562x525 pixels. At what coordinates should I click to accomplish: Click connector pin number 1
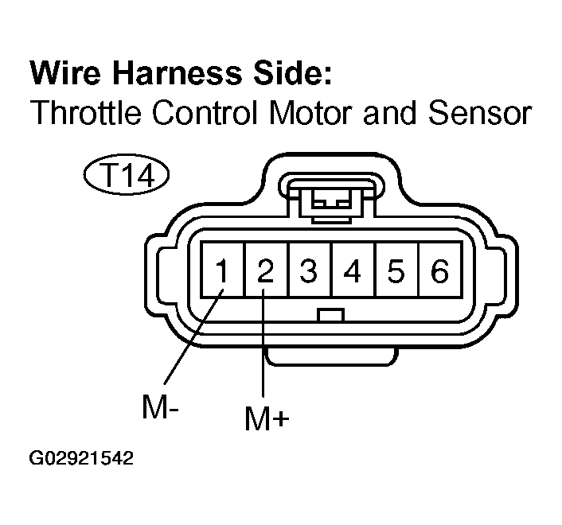click(x=223, y=270)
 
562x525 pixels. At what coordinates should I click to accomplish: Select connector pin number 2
click(x=266, y=270)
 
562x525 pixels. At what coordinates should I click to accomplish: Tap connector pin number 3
click(x=309, y=270)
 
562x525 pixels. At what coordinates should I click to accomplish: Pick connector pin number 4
click(x=353, y=270)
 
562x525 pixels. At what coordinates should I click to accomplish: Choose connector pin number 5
click(x=396, y=270)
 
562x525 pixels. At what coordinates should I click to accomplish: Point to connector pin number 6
click(x=439, y=270)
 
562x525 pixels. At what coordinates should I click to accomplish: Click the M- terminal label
click(x=160, y=406)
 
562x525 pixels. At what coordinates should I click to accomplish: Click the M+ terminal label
click(x=267, y=418)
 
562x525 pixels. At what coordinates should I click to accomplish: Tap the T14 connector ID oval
click(x=127, y=176)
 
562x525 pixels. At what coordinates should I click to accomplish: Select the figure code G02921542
click(x=81, y=458)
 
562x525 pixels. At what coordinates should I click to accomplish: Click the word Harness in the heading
click(x=178, y=73)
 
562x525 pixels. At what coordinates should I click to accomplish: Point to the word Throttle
click(x=86, y=112)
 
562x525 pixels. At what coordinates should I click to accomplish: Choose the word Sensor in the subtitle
click(x=480, y=112)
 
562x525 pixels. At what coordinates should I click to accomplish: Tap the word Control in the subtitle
click(x=205, y=112)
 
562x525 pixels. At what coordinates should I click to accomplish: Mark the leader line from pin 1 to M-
click(x=194, y=336)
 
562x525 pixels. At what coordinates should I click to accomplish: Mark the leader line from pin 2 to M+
click(x=263, y=343)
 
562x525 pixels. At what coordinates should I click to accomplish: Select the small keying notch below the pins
click(x=331, y=315)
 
